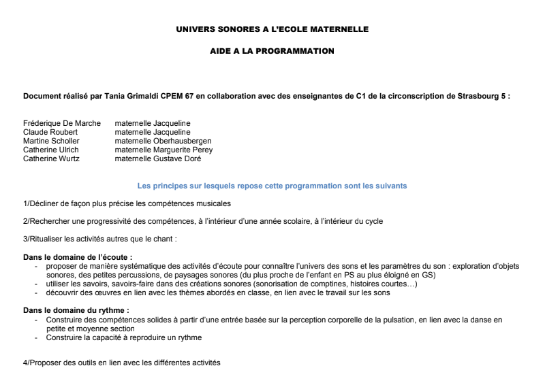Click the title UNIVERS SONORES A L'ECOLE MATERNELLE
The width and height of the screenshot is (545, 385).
click(272, 30)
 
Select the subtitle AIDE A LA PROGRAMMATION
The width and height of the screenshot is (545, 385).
click(272, 51)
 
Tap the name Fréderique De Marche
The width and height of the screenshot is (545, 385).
click(62, 123)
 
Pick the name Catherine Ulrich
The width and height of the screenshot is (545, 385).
click(51, 150)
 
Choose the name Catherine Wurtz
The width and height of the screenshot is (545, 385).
click(52, 158)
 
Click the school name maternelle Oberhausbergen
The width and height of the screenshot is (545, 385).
click(163, 141)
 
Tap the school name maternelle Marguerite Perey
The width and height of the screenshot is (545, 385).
click(163, 150)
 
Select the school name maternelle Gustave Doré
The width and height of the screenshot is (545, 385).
click(158, 158)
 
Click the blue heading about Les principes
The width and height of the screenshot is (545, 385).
click(272, 186)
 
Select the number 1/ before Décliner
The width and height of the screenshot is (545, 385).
click(27, 203)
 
